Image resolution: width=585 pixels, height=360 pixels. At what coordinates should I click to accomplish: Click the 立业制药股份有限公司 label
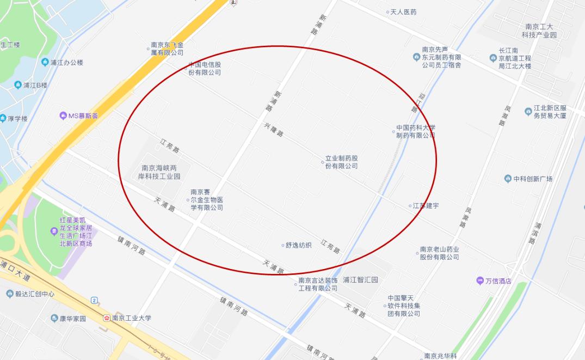[342, 162]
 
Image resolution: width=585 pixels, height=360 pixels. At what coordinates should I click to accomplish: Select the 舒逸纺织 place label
[299, 245]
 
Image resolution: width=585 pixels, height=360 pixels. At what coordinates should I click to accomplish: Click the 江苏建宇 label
[426, 206]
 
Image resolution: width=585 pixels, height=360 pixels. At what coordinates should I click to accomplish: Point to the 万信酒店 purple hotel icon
[480, 281]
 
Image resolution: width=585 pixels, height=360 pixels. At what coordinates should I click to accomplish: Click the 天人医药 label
[403, 12]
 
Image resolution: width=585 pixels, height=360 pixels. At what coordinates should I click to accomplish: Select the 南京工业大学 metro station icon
[107, 318]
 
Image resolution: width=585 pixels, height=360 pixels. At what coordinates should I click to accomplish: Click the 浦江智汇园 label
[360, 280]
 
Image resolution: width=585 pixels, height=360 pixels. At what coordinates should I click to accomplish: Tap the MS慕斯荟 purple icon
[63, 115]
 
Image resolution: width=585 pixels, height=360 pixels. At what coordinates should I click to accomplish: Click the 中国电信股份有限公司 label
[205, 69]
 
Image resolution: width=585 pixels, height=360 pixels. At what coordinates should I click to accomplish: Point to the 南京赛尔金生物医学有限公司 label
[207, 200]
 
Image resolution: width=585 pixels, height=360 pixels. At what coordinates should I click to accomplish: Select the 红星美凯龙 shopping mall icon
[53, 231]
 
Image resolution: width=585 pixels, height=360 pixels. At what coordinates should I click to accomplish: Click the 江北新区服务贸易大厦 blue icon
[528, 112]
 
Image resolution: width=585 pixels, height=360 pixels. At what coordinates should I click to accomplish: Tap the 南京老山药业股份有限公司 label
[440, 253]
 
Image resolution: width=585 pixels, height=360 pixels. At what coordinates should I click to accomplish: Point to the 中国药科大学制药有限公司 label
[416, 132]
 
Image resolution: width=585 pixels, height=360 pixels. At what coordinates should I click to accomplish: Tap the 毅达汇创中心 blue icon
[9, 294]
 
